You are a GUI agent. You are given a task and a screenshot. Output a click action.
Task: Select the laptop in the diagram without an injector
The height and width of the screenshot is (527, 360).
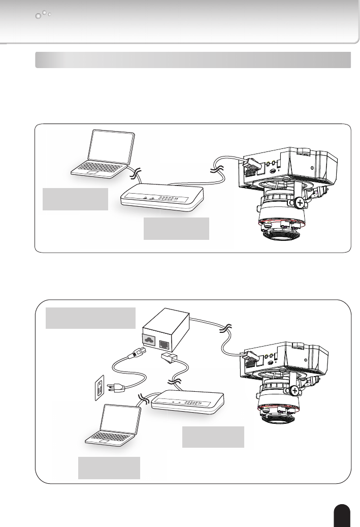point(102,155)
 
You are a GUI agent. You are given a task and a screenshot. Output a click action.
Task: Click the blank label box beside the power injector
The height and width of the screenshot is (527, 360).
point(91,318)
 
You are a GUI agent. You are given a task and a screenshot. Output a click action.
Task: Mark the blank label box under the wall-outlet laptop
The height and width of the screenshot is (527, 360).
point(109,467)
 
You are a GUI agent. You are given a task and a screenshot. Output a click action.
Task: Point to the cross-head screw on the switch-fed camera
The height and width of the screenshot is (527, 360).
point(301,203)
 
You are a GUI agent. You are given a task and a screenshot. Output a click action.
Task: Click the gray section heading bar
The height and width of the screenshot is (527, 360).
point(193,59)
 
